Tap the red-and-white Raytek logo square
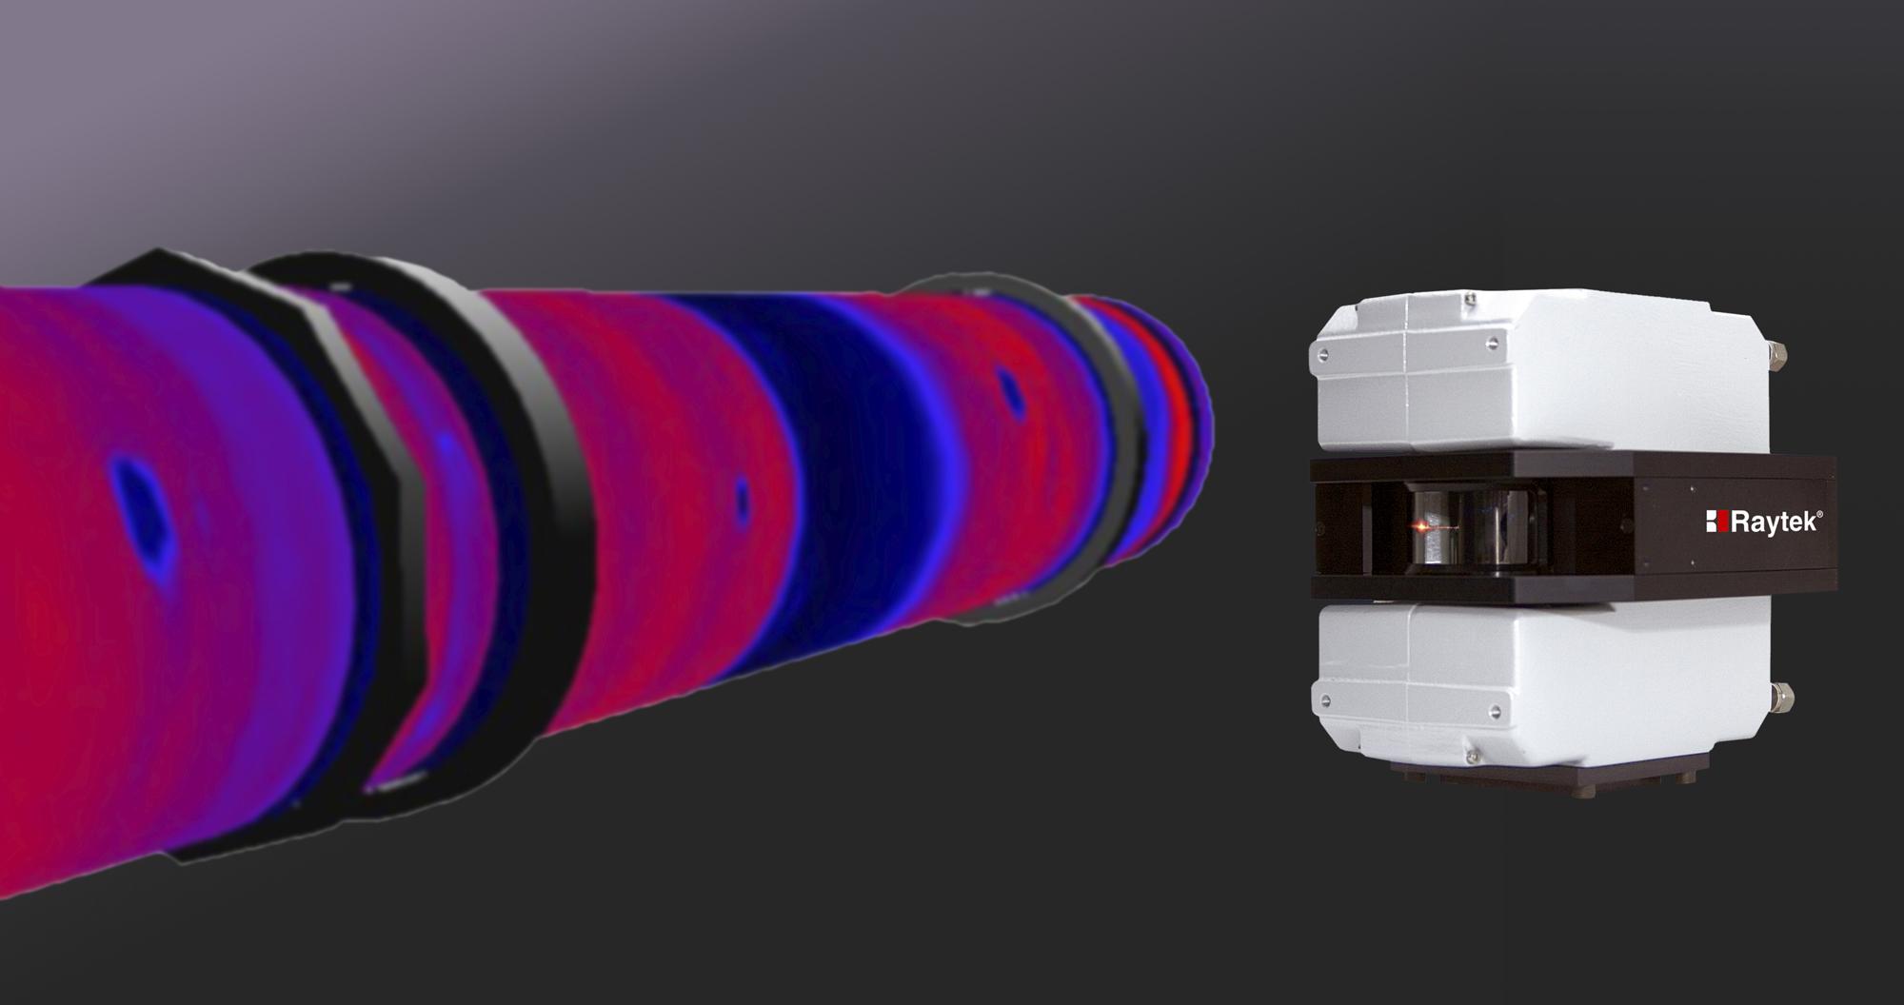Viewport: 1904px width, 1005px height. click(x=1716, y=522)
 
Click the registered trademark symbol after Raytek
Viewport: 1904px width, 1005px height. click(x=1821, y=513)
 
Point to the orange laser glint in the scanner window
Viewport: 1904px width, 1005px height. click(x=1419, y=525)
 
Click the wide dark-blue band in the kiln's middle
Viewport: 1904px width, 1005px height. click(x=857, y=447)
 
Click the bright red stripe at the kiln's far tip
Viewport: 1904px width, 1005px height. click(x=1183, y=419)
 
